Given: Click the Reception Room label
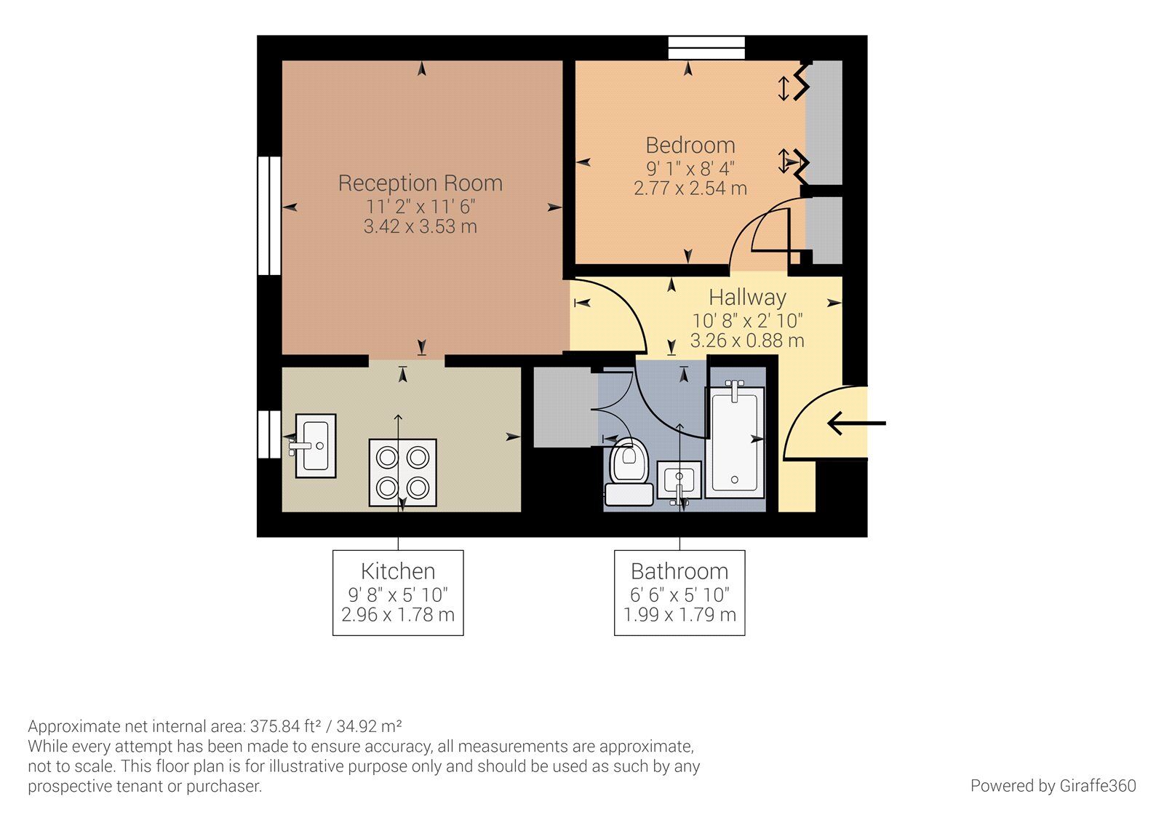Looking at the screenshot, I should click(x=420, y=183).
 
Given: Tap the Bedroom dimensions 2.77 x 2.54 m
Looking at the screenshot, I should click(x=690, y=188).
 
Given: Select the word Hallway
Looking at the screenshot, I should click(x=747, y=298).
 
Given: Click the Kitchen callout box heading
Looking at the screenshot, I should click(x=398, y=571).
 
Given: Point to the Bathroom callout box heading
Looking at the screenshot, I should click(x=679, y=571).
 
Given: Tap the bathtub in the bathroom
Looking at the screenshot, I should click(x=736, y=442).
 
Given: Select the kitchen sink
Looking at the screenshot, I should click(x=316, y=445).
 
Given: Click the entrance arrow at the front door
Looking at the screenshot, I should click(x=856, y=423).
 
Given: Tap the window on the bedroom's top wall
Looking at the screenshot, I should click(x=707, y=47).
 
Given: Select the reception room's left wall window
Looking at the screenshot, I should click(x=268, y=215).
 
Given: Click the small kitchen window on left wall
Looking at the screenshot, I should click(x=268, y=434).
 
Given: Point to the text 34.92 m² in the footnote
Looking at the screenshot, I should click(x=379, y=726).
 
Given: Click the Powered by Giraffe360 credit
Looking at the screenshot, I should click(x=1053, y=786).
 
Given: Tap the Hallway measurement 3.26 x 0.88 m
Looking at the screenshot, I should click(x=747, y=341).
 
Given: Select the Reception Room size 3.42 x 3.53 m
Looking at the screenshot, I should click(x=420, y=227).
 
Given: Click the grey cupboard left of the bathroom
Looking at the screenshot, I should click(x=562, y=407).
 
